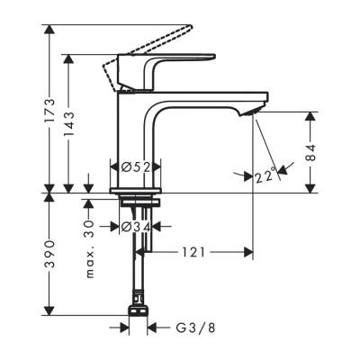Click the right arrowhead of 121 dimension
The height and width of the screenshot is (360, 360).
point(250,253)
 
